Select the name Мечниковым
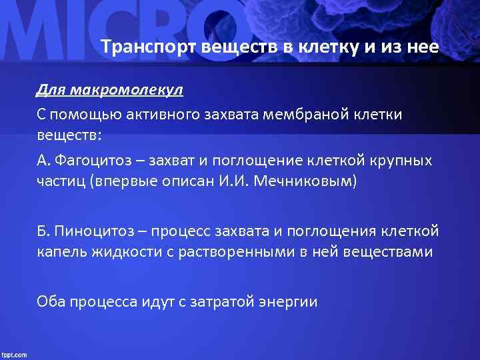(308, 181)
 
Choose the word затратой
(221, 302)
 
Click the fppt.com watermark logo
(15, 353)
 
